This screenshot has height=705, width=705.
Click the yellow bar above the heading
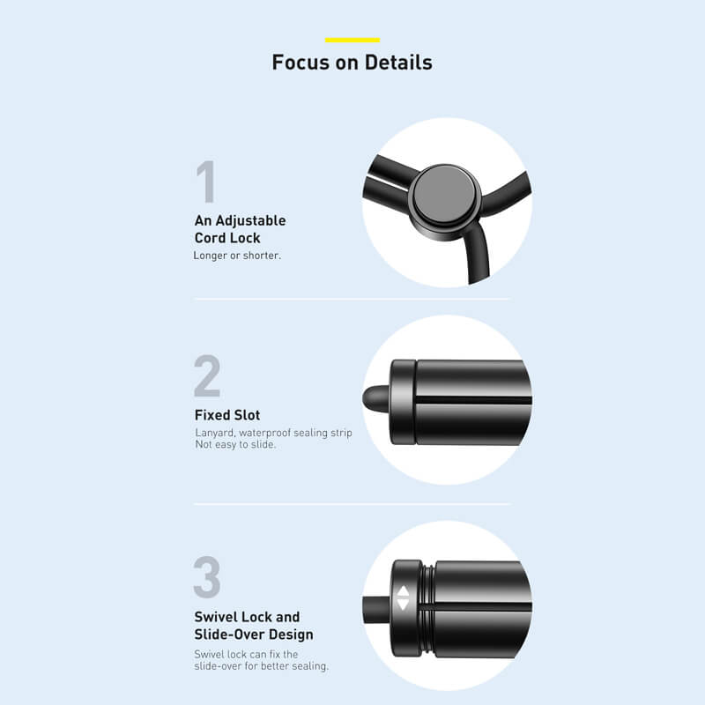point(352,40)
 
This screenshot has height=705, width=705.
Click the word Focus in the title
point(301,63)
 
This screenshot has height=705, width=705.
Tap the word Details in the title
point(398,63)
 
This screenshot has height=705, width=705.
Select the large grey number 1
point(206,182)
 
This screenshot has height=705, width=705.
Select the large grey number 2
point(207,375)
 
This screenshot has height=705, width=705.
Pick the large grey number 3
point(207,577)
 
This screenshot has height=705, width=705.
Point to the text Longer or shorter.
point(237,256)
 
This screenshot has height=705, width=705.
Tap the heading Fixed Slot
point(227,415)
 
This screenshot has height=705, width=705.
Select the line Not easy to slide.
point(235,444)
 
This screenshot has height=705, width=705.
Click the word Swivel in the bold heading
point(211,617)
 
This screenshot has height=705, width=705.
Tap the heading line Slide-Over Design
point(254,634)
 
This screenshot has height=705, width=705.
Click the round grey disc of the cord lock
point(444,195)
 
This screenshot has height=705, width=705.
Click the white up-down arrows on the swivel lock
point(404,598)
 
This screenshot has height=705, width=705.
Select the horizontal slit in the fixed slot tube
point(473,400)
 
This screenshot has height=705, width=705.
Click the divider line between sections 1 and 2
point(352,299)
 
